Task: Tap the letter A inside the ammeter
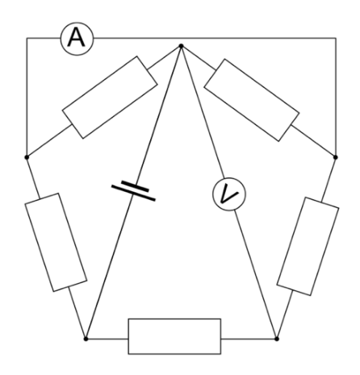[x=77, y=38]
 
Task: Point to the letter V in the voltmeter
[x=228, y=194]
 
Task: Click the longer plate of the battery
[x=133, y=193]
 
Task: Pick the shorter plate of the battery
[x=135, y=186]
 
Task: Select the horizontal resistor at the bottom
[x=174, y=336]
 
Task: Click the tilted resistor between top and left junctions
[x=110, y=97]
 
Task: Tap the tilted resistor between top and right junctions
[x=252, y=100]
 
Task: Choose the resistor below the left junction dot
[x=56, y=242]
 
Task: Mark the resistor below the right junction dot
[x=308, y=247]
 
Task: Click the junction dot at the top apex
[x=181, y=46]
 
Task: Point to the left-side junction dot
[x=27, y=157]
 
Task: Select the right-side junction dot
[x=335, y=157]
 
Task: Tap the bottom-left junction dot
[x=86, y=339]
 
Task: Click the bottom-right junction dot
[x=277, y=339]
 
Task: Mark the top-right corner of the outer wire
[x=336, y=38]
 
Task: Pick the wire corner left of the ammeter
[x=27, y=38]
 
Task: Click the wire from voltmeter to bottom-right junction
[x=255, y=274]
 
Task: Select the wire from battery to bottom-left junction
[x=109, y=267]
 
